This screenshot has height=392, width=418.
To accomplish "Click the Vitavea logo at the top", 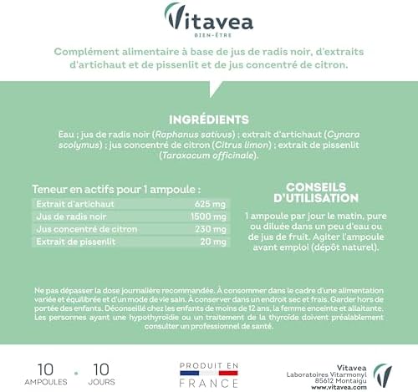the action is click(208, 17).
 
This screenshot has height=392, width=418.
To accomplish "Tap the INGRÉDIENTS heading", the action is click(209, 120).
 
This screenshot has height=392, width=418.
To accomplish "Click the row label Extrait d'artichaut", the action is click(69, 203).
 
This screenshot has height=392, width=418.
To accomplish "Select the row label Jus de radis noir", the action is click(64, 216).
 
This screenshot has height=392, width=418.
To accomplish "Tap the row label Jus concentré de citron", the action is click(79, 228).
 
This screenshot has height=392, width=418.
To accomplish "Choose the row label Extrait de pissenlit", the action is click(69, 242).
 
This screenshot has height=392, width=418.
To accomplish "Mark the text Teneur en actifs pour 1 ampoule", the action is click(115, 189).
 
